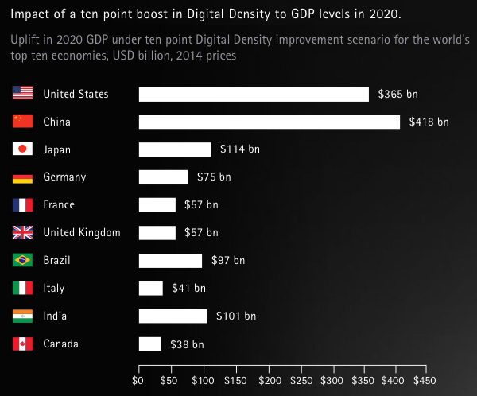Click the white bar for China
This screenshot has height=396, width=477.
pyautogui.click(x=270, y=122)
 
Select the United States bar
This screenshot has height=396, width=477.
pyautogui.click(x=254, y=94)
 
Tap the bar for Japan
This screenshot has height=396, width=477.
pyautogui.click(x=175, y=149)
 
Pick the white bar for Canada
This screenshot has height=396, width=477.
pyautogui.click(x=150, y=344)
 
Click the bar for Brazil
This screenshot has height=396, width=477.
pyautogui.click(x=170, y=261)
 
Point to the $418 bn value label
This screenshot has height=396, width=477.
pyautogui.click(x=429, y=122)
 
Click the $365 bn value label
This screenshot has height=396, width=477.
pyautogui.click(x=397, y=94)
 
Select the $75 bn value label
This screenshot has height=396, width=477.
pyautogui.click(x=214, y=177)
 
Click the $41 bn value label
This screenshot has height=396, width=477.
pyautogui.click(x=188, y=289)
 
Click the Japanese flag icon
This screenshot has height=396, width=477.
pyautogui.click(x=23, y=149)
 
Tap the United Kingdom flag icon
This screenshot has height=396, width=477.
pyautogui.click(x=23, y=233)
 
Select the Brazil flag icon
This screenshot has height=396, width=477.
pyautogui.click(x=23, y=261)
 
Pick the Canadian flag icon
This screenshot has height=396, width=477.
pyautogui.click(x=23, y=344)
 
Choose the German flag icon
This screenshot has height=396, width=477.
pyautogui.click(x=23, y=177)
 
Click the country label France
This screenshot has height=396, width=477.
pyautogui.click(x=59, y=205)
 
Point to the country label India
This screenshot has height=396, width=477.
pyautogui.click(x=55, y=316)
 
